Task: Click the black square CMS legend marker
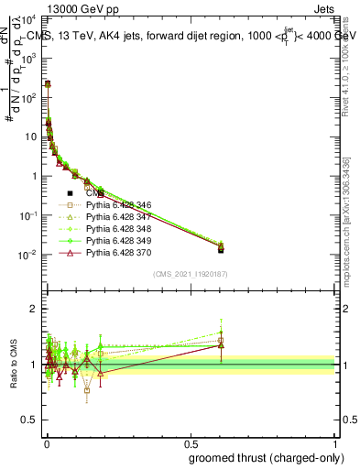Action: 70,193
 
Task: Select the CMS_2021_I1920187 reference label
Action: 190,274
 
